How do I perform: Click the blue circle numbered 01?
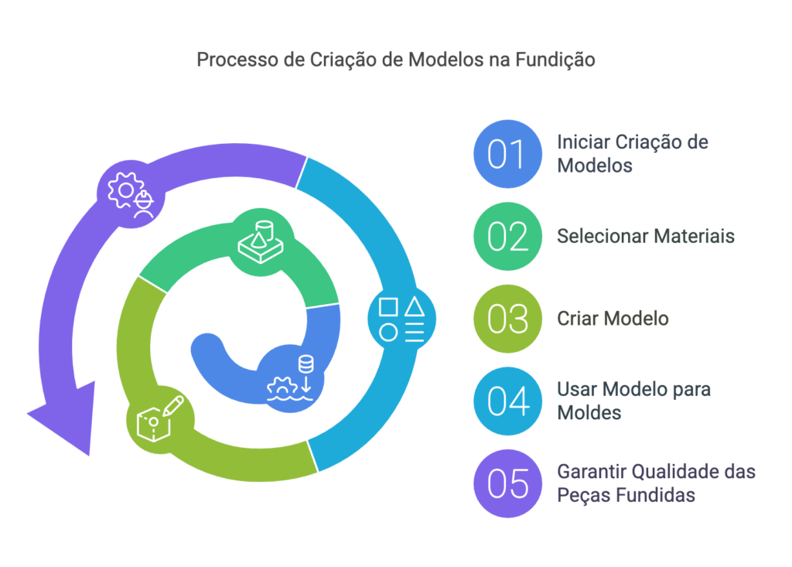click(507, 154)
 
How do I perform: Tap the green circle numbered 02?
click(507, 236)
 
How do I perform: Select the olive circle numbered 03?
click(507, 319)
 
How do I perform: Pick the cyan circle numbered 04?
click(507, 401)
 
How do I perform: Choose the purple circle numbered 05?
click(507, 483)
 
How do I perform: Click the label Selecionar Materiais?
click(645, 236)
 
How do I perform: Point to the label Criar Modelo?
click(613, 319)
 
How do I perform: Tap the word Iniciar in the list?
click(583, 142)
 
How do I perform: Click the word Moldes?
click(589, 413)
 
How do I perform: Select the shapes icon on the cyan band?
click(401, 319)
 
